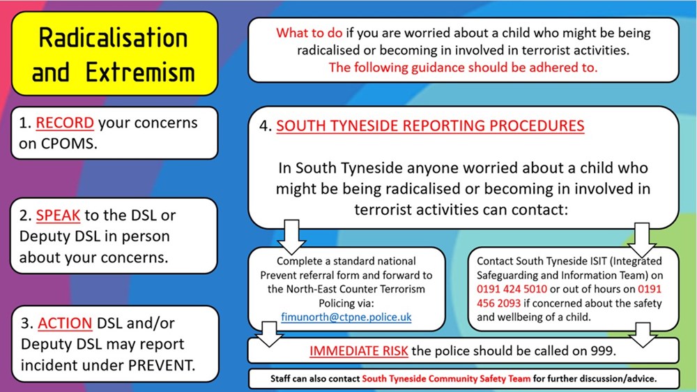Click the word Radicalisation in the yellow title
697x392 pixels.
click(x=114, y=38)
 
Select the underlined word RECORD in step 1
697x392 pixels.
click(x=65, y=123)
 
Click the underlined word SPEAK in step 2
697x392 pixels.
click(x=59, y=216)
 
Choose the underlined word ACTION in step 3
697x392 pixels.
click(x=65, y=324)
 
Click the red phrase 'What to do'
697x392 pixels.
click(x=307, y=33)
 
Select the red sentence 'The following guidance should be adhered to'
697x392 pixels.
click(x=463, y=68)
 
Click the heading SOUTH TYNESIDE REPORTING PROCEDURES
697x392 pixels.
click(x=430, y=126)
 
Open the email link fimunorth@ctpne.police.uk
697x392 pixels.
click(x=346, y=317)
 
